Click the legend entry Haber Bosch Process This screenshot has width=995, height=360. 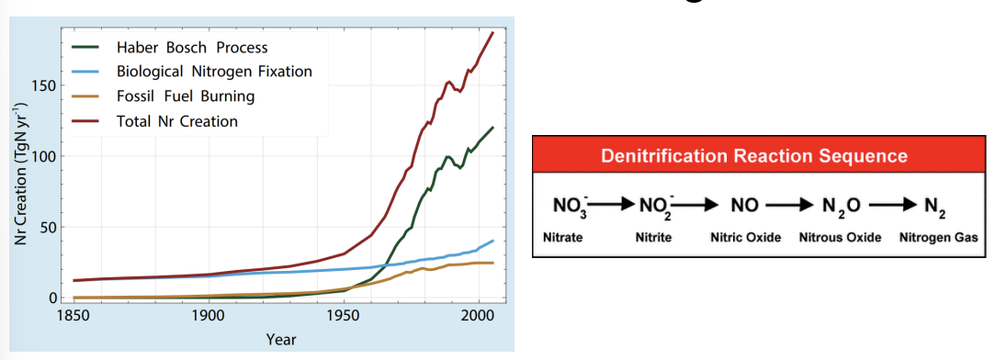[x=192, y=47]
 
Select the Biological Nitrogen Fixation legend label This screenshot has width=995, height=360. [x=214, y=72]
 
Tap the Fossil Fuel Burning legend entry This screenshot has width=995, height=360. [x=185, y=96]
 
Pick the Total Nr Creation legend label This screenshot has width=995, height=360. [x=176, y=121]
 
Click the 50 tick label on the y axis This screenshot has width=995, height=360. [x=50, y=228]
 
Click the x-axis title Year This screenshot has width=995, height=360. [x=281, y=340]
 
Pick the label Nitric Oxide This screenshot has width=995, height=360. [x=745, y=238]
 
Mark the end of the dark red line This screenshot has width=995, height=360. [x=493, y=33]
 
